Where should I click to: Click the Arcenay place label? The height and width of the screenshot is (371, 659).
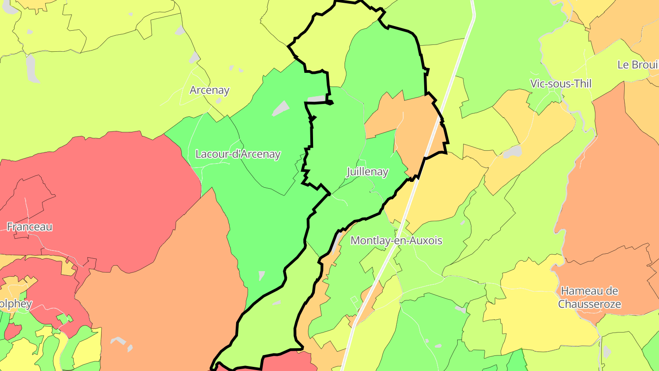pos(209,90)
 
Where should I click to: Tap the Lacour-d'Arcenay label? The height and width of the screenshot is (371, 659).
pos(238,154)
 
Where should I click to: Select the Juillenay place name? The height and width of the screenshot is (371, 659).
pos(367,172)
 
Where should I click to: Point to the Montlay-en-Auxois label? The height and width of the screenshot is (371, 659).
pos(396,240)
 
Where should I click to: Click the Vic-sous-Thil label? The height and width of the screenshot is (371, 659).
pos(561,84)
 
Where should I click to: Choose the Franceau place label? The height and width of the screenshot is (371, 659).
pos(29,226)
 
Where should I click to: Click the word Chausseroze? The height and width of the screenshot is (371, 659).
pos(589,304)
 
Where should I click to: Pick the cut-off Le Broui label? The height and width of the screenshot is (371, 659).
pos(637,65)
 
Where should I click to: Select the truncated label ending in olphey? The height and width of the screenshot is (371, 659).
pos(16,304)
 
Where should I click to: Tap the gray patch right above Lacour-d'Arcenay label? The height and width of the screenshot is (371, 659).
pos(280,109)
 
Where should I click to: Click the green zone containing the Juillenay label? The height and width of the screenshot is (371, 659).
pos(339,147)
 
